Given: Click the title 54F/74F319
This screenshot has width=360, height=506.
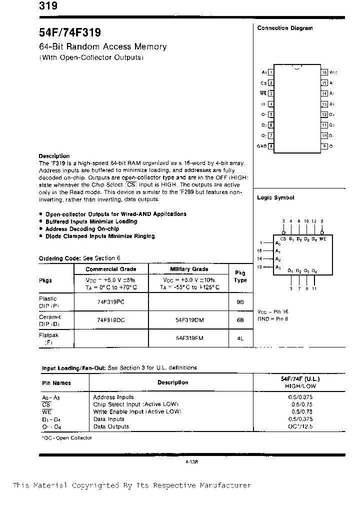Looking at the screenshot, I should (70, 33).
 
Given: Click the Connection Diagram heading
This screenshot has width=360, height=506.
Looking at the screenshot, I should (284, 28).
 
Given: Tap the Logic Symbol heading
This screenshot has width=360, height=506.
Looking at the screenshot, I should (275, 197).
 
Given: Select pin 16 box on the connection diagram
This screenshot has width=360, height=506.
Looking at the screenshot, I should (324, 72).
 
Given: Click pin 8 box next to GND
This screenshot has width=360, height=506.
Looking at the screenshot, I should (271, 146).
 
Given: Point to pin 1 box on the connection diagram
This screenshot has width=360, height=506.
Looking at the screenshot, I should (271, 72).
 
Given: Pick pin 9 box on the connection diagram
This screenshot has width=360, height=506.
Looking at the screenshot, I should (324, 146).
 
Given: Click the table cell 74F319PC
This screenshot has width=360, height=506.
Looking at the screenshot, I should (111, 302).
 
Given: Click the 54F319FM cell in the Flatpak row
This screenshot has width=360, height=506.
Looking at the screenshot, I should (189, 338).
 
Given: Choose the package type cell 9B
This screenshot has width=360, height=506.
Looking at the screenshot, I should (240, 302).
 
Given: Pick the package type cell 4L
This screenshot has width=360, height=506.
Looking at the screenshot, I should (240, 338).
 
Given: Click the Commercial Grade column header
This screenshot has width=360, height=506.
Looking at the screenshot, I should (111, 269).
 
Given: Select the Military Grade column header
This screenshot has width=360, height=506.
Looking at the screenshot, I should (189, 269).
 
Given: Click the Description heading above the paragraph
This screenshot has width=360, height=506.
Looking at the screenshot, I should (54, 156).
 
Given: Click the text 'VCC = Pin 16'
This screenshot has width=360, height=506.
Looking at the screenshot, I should (272, 311).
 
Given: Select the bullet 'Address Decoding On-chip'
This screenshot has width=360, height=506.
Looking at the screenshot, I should (79, 228).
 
